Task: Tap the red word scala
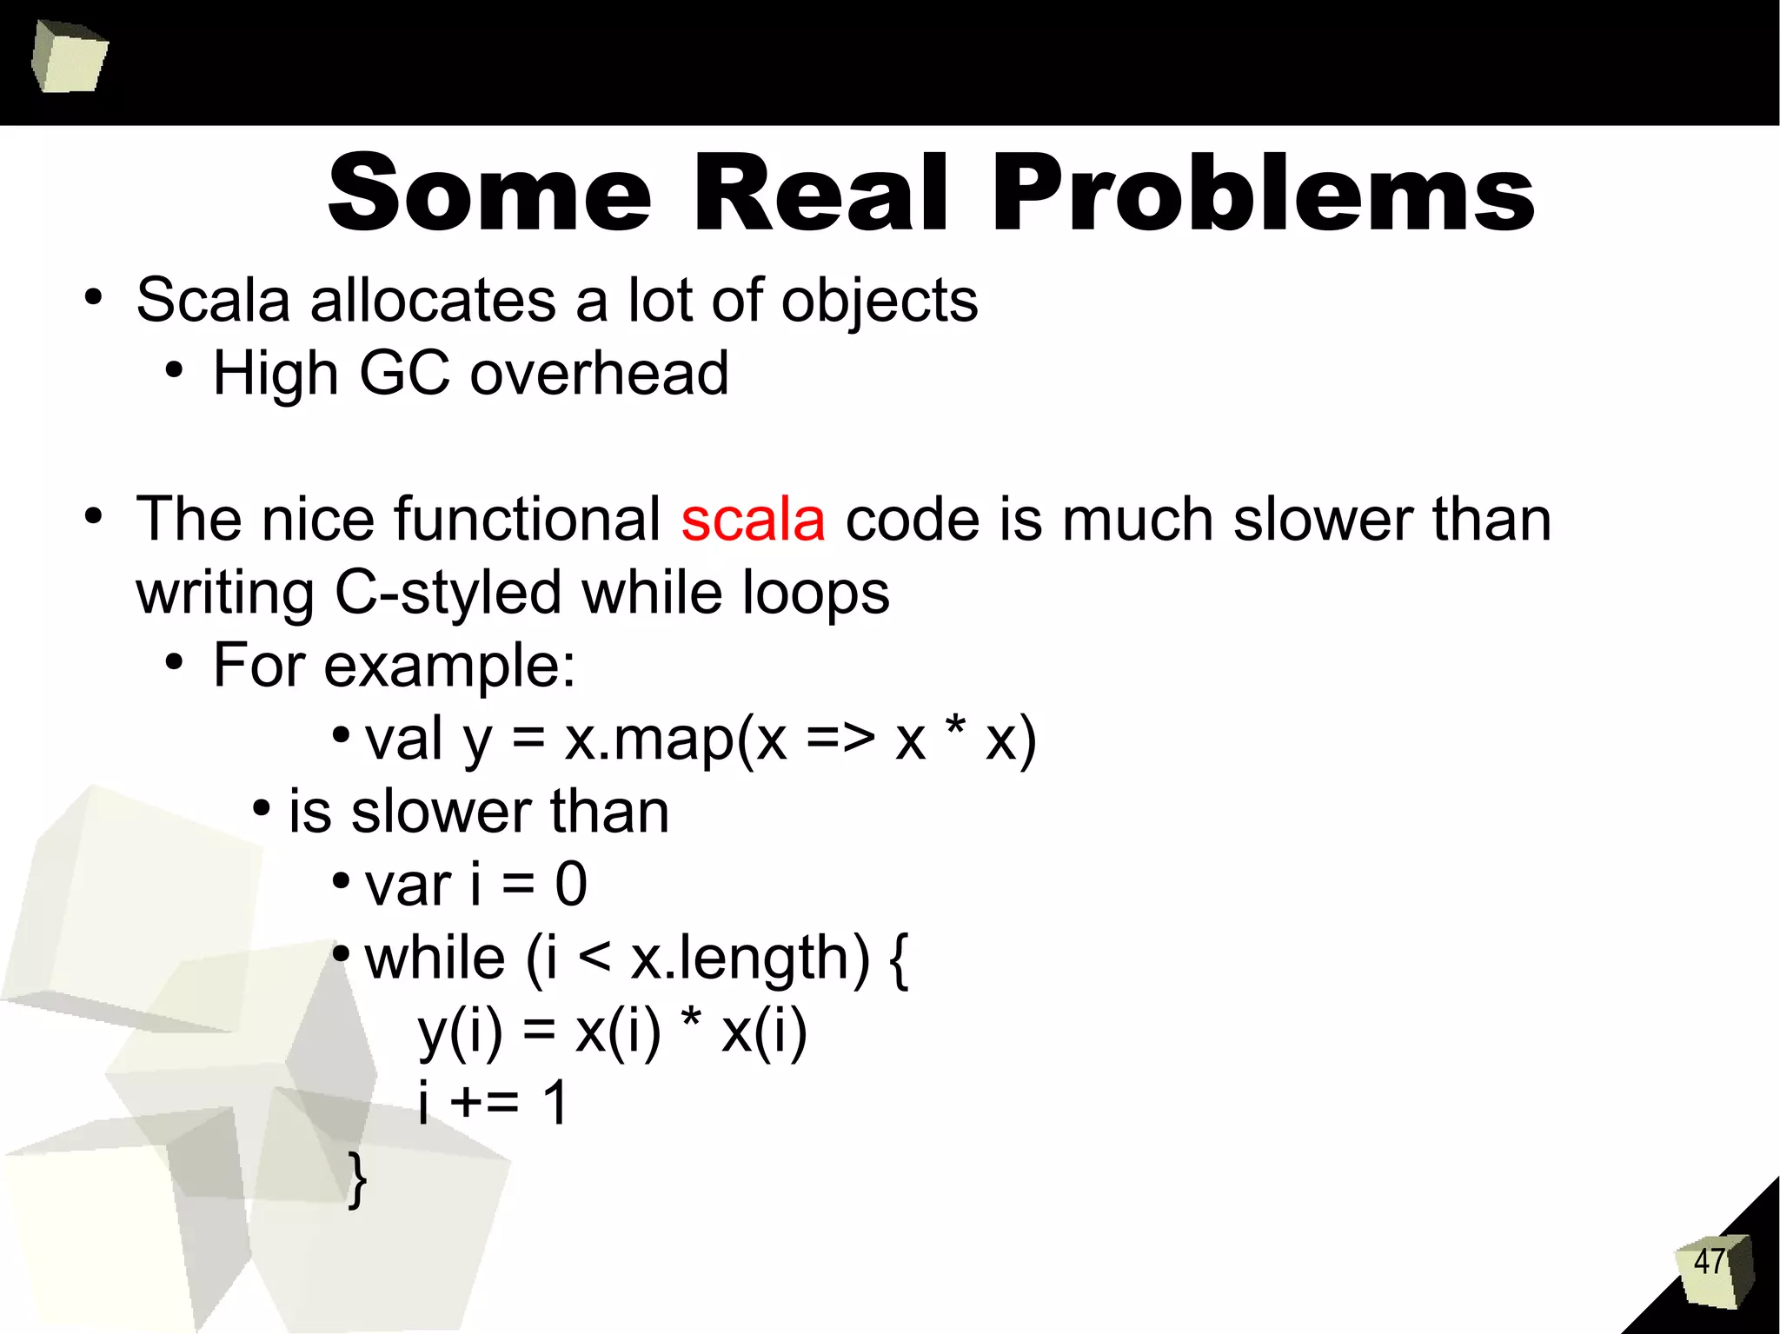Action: (753, 520)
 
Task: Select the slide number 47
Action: (1709, 1261)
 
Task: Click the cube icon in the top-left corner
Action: (69, 57)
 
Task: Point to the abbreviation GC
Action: (404, 374)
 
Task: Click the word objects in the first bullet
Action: (879, 301)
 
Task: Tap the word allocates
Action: (433, 301)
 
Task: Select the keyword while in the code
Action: (435, 958)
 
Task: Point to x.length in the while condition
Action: (748, 959)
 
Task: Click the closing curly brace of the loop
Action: (357, 1178)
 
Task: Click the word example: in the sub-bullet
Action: (449, 667)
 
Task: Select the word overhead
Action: (599, 374)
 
